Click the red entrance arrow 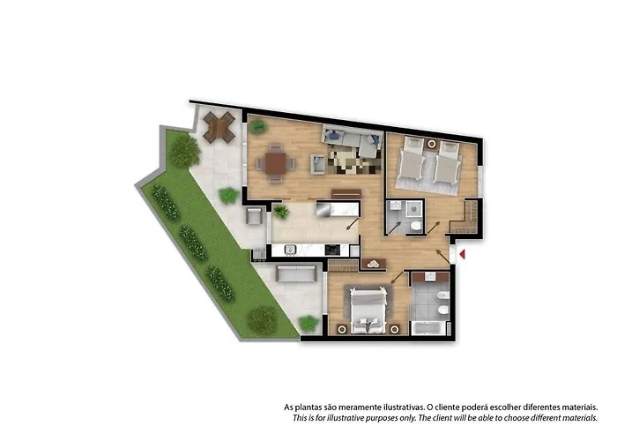[463, 254]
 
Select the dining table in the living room [275, 163]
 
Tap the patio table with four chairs [219, 127]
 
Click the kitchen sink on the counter [290, 250]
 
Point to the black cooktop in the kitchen [332, 250]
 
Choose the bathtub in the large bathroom [428, 328]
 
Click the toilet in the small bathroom [415, 226]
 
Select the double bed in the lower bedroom [368, 310]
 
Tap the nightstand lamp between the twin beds [432, 144]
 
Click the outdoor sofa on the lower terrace [296, 273]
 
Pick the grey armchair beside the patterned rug [318, 164]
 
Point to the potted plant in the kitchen [281, 212]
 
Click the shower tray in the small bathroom [413, 209]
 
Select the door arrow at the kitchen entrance [353, 223]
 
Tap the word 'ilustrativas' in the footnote [404, 407]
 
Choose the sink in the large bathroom [430, 276]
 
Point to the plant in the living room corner [257, 126]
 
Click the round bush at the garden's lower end [262, 320]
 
